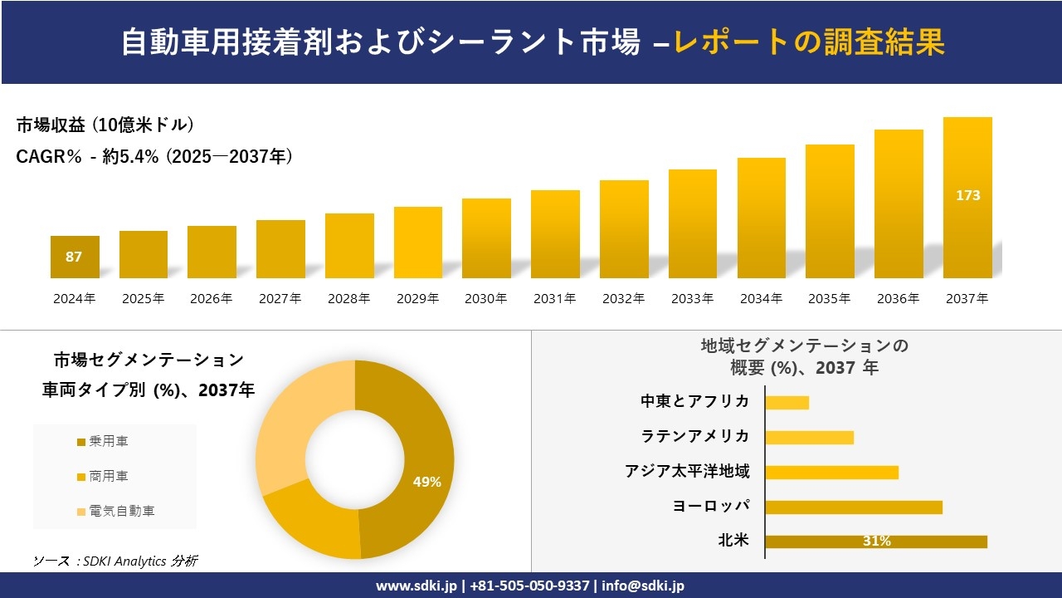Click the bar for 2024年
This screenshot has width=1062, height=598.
pos(75,257)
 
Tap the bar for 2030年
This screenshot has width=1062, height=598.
pos(486,238)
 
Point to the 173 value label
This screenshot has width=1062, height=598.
pos(967,195)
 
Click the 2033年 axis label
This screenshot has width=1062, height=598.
pos(692,299)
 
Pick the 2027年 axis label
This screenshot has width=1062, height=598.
pos(280,299)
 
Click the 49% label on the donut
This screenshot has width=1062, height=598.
pos(427,482)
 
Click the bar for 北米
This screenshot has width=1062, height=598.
pos(876,542)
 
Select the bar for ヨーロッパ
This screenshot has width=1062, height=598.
pos(854,507)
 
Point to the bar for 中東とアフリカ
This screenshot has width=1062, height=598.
pos(787,402)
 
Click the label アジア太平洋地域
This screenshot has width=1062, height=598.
pos(687,472)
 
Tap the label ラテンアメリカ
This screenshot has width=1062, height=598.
pos(695,437)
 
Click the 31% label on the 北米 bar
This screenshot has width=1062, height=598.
pos(876,542)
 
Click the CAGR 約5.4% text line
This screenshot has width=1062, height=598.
pos(154,157)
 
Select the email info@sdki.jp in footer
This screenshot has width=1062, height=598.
pos(644,586)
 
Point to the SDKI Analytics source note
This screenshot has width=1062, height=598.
pos(115,561)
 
